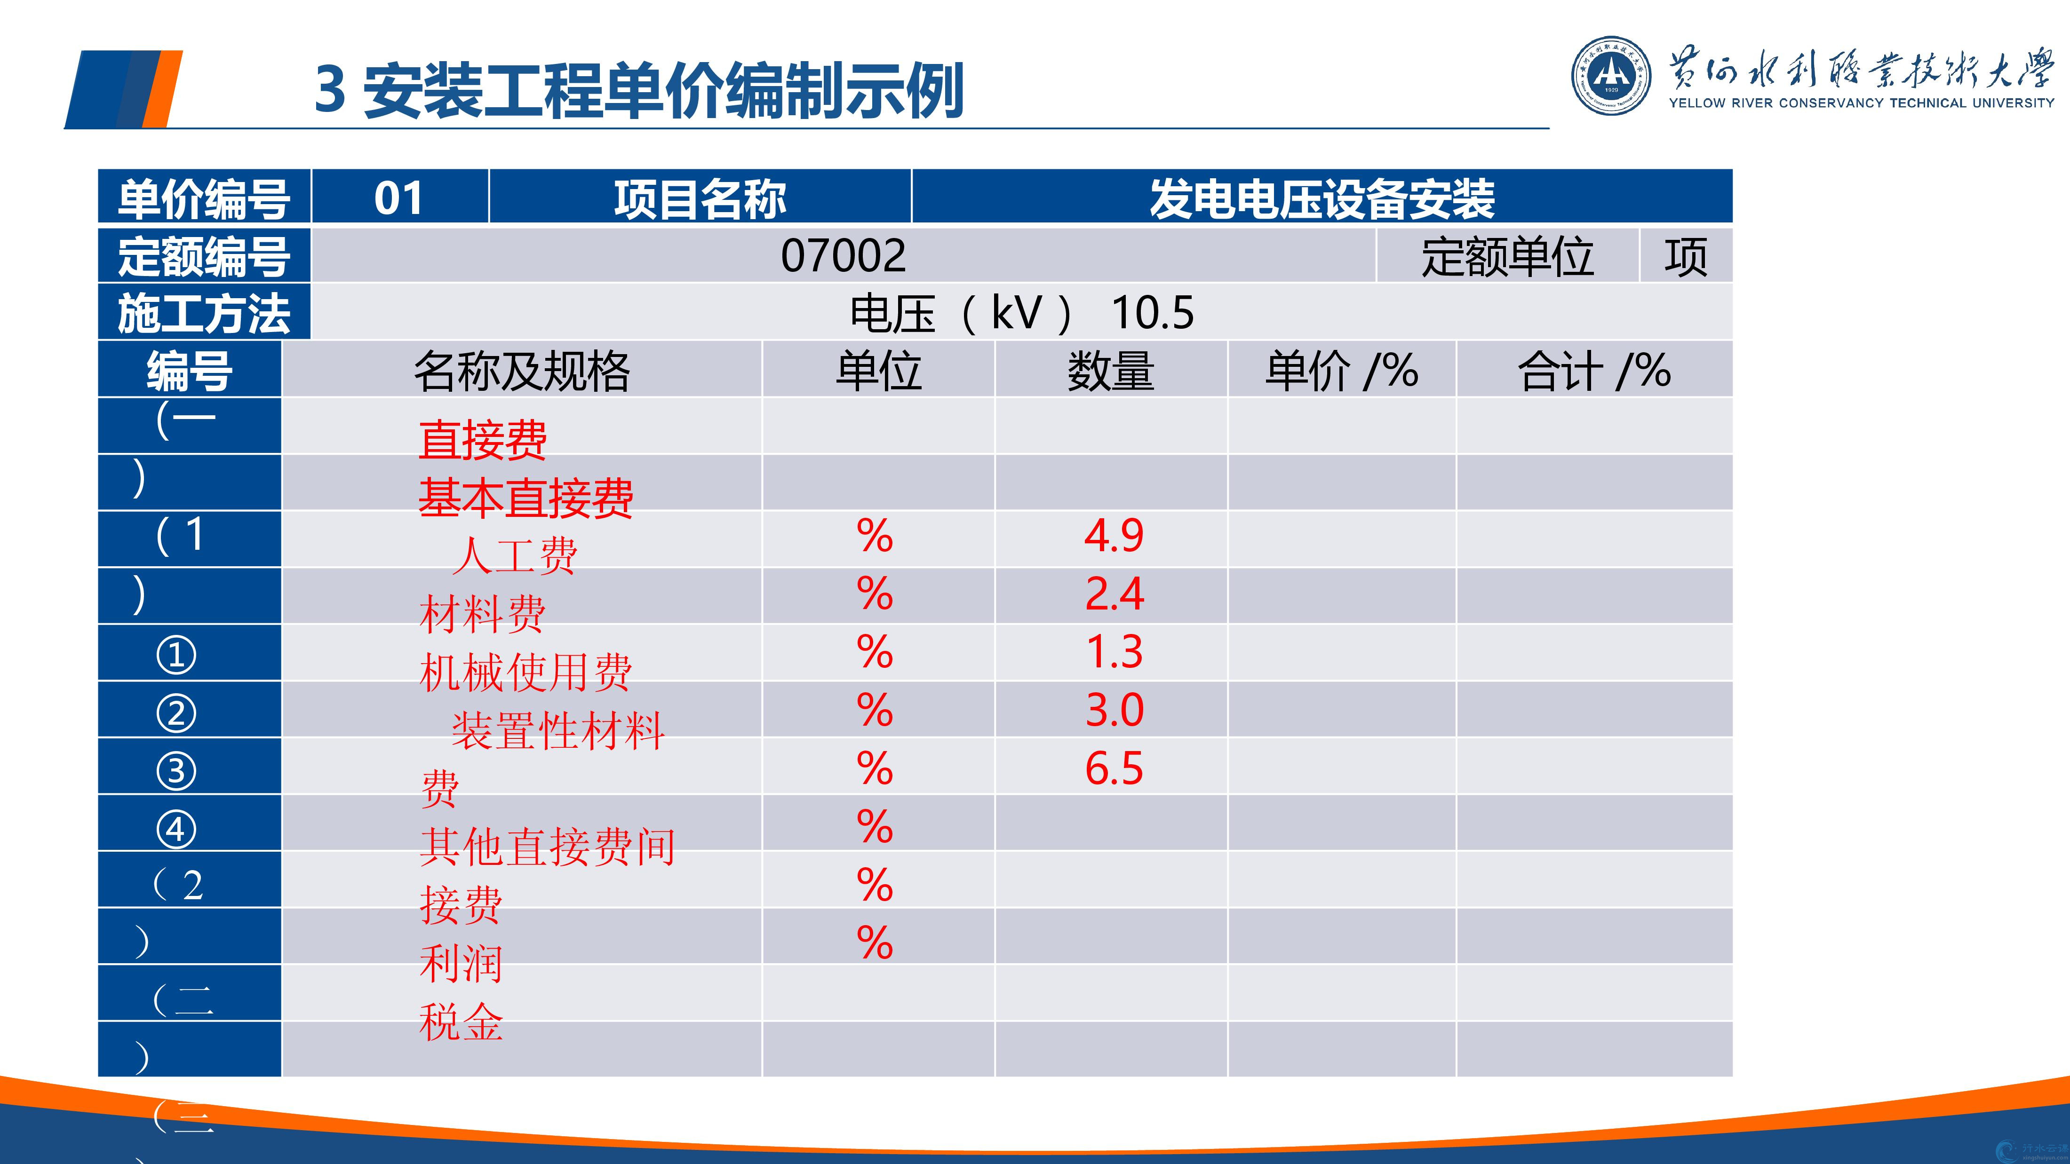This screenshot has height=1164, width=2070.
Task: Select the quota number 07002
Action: [843, 255]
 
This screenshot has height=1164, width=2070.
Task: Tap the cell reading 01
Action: [398, 198]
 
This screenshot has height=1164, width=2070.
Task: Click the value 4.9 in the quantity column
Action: [1113, 536]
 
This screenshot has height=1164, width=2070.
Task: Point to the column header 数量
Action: [1111, 371]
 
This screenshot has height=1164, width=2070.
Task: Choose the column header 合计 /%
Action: [1593, 371]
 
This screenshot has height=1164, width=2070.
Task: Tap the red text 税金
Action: [461, 1022]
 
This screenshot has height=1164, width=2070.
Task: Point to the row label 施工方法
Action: [203, 313]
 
